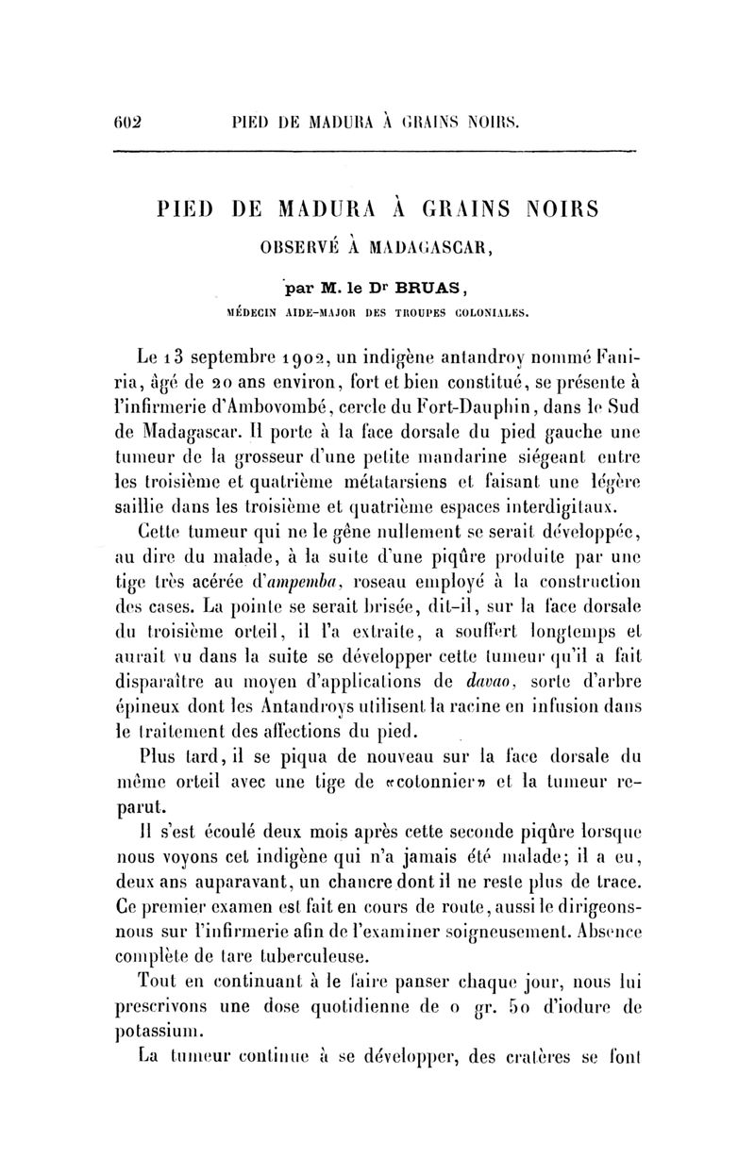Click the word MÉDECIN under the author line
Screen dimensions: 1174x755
pos(257,309)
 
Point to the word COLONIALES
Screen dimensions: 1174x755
pos(485,309)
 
